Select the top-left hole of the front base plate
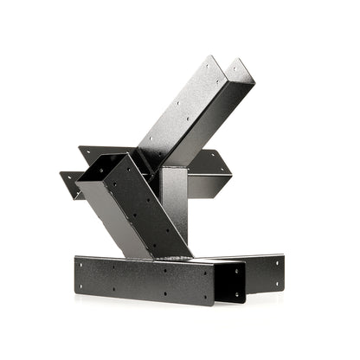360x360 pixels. pyautogui.click(x=84, y=264)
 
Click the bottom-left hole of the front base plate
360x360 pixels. pyautogui.click(x=85, y=285)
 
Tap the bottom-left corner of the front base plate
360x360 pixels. pyautogui.click(x=76, y=292)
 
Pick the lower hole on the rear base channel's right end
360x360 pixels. pyautogui.click(x=274, y=281)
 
